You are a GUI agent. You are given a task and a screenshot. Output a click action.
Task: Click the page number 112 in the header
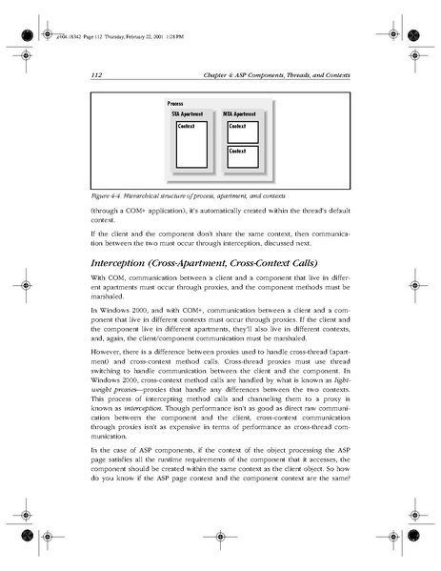coord(96,74)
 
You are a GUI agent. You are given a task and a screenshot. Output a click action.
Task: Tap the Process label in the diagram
coord(175,103)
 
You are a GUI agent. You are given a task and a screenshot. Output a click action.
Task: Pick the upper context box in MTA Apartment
coord(243,131)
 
